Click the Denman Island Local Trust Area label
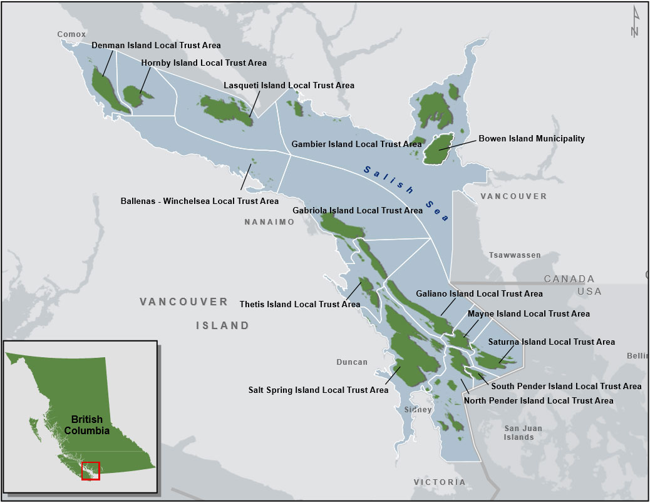point(156,46)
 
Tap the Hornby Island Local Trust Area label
point(204,63)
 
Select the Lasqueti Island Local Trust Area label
point(289,86)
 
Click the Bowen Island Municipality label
point(532,139)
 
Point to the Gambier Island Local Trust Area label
point(356,145)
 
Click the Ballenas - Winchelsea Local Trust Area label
point(199,201)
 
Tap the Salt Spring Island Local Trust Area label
point(318,390)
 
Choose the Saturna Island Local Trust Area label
point(551,342)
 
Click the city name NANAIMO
point(269,222)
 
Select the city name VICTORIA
point(440,482)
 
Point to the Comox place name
point(71,34)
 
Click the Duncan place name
point(352,362)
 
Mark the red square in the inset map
point(90,470)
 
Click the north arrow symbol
point(635,21)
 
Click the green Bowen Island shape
point(438,150)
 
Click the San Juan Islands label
point(519,433)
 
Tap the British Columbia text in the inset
point(90,425)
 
